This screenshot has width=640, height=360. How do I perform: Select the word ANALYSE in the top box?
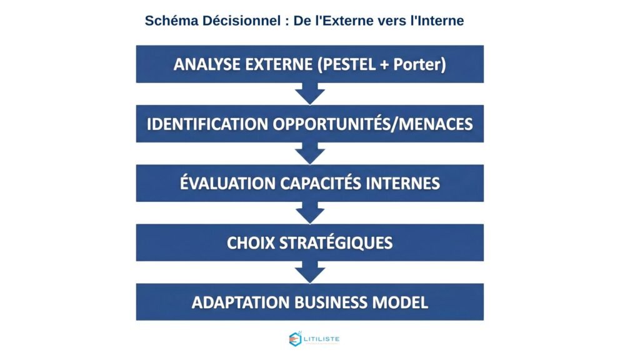203,64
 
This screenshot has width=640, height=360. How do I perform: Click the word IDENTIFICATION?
207,124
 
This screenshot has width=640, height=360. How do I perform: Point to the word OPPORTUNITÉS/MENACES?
372,124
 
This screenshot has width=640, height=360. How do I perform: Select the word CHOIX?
249,242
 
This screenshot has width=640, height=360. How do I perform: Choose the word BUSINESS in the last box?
331,302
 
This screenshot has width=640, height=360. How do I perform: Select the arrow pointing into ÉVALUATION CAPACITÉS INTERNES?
309,153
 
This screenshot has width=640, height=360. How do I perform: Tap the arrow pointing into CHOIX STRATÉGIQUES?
309,212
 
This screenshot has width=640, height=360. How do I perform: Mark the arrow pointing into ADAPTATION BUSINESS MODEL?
309,272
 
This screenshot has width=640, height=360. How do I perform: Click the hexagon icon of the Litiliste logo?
295,339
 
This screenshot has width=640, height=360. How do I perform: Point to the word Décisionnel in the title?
244,21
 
